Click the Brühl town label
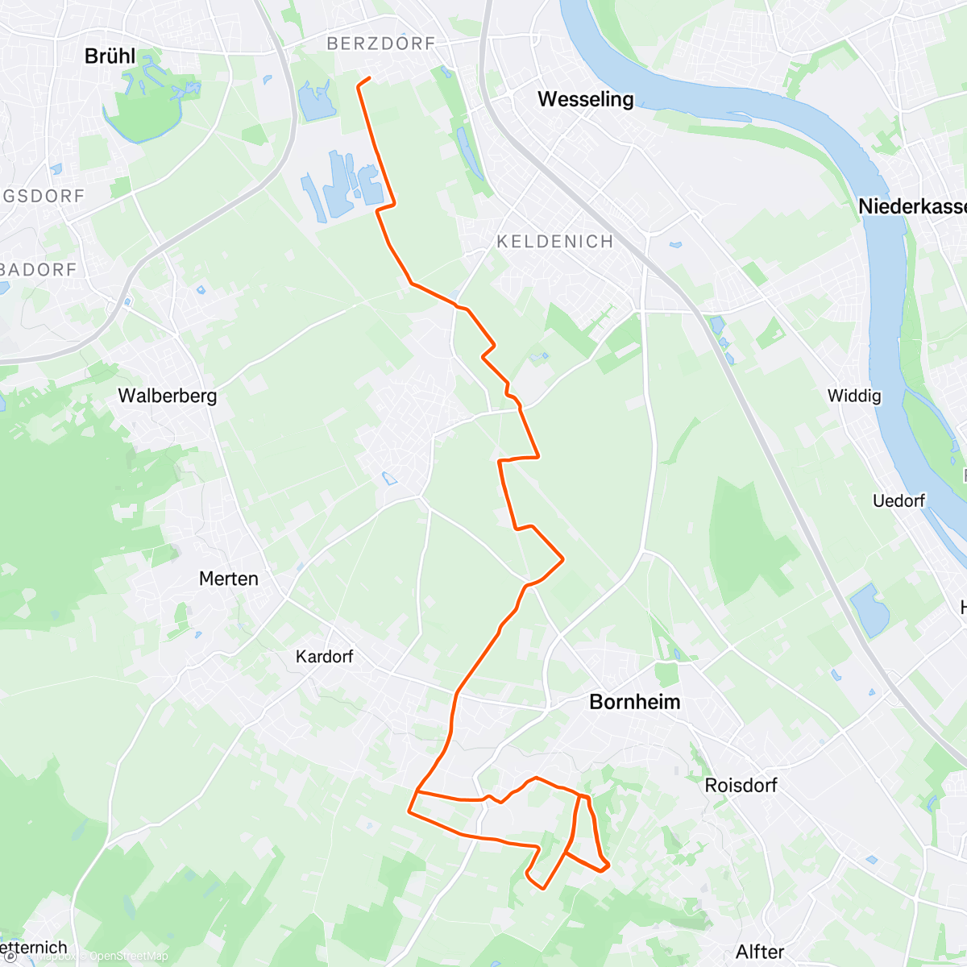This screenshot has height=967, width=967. pos(110,56)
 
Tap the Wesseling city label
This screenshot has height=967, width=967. pos(585,99)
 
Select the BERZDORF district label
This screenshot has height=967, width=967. pos(380,44)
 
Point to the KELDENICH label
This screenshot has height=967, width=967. pos(554,241)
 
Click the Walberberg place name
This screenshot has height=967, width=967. pos(168,396)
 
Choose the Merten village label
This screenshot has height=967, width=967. pos(229,579)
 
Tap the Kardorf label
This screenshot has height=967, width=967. pos(324,657)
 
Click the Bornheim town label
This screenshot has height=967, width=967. pos(635,702)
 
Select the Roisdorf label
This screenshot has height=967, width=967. pos(741,785)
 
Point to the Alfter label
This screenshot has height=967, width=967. pos(759,952)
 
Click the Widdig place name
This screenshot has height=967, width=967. pos(854,396)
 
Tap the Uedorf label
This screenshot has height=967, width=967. pos(899,500)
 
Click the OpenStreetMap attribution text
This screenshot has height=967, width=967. pos(128,957)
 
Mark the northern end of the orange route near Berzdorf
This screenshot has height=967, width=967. pos(369,78)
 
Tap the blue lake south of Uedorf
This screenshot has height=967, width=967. pos(869,609)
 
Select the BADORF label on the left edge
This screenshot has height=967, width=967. pos(38,269)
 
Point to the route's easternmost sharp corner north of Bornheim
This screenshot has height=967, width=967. pos(562,558)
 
